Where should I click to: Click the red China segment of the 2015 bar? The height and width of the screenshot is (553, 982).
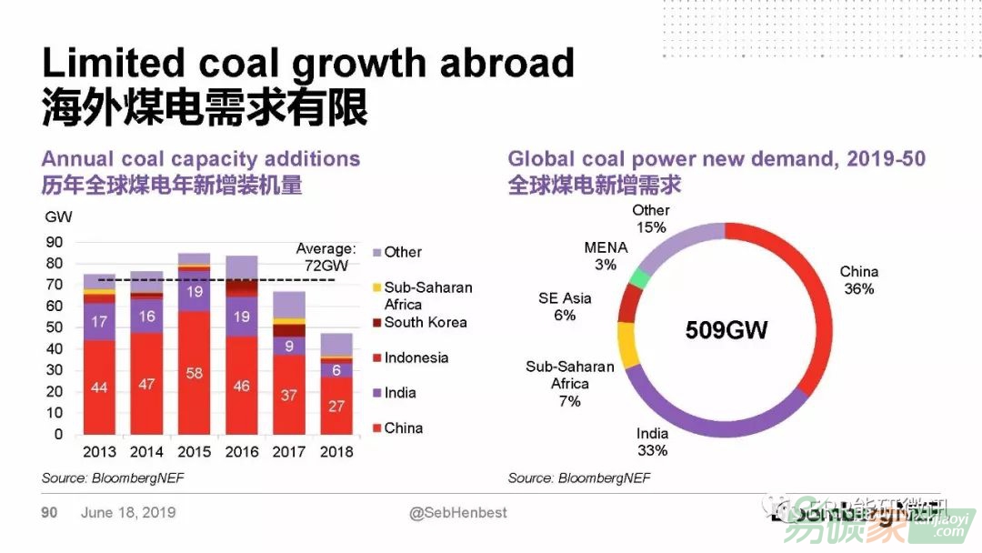(194, 373)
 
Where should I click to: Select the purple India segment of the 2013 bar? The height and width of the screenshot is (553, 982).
(99, 321)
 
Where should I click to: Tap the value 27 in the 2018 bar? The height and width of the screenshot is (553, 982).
(336, 406)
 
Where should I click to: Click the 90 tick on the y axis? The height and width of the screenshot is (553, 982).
(55, 242)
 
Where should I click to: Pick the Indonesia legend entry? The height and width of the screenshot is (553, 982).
(416, 357)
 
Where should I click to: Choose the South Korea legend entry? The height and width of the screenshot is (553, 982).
(425, 322)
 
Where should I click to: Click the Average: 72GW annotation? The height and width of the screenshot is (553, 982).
(326, 256)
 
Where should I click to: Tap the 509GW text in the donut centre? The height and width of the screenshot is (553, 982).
(726, 329)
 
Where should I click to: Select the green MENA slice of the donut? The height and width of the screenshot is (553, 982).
(642, 278)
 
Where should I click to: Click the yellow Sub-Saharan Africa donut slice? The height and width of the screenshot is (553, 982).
(627, 344)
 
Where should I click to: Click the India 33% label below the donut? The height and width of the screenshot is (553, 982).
(652, 442)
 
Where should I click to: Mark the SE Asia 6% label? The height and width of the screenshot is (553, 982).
(565, 307)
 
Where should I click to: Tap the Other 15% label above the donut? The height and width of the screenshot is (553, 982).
(651, 219)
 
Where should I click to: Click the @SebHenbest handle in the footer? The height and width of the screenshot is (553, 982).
(458, 513)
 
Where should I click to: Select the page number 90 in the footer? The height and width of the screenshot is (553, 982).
(49, 513)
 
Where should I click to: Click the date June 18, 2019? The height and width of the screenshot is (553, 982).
(128, 513)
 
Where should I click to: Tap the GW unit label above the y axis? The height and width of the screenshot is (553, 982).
(56, 216)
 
